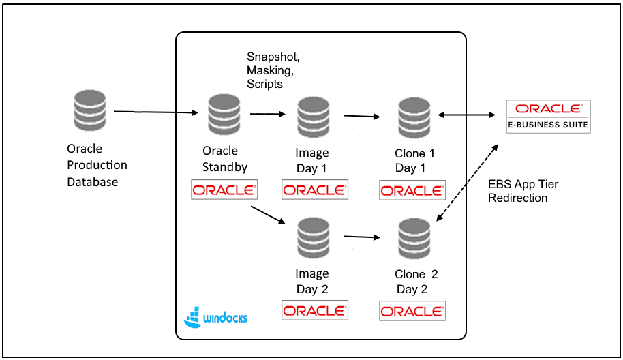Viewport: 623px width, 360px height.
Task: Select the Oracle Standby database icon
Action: (224, 116)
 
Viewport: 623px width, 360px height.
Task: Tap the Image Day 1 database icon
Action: (313, 117)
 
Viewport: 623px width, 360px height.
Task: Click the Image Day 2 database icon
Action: (313, 239)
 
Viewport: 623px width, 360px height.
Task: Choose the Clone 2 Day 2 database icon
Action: (414, 239)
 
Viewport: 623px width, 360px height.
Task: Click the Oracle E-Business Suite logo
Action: (548, 116)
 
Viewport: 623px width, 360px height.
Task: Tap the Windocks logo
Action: (215, 316)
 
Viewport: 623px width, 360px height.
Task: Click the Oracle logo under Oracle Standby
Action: (224, 190)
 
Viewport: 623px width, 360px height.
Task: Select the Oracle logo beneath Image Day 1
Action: (314, 190)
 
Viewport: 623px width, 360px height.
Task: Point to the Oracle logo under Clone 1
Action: (412, 190)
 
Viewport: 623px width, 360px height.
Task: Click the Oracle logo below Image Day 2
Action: (315, 310)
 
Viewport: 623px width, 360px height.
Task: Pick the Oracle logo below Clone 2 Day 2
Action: (412, 311)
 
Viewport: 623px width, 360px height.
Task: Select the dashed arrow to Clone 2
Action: (465, 182)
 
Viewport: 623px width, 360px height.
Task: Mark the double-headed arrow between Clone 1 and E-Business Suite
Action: (468, 115)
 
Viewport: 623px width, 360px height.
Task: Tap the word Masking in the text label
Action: (269, 71)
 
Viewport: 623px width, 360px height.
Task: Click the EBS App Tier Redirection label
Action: (523, 191)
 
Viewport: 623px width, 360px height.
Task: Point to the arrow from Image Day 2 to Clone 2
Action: (362, 237)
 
